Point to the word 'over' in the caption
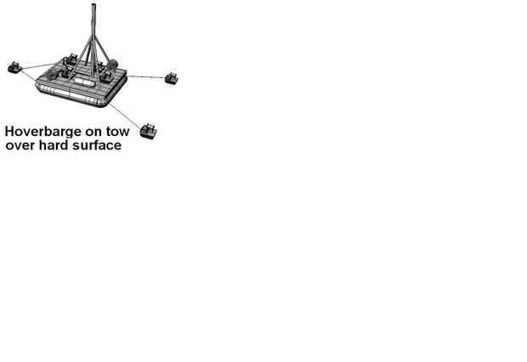coord(23,146)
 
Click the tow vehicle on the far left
coord(14,67)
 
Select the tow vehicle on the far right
coord(171,78)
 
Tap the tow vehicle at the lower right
coord(150,131)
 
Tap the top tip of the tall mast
coord(92,4)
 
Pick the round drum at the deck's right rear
coord(111,66)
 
